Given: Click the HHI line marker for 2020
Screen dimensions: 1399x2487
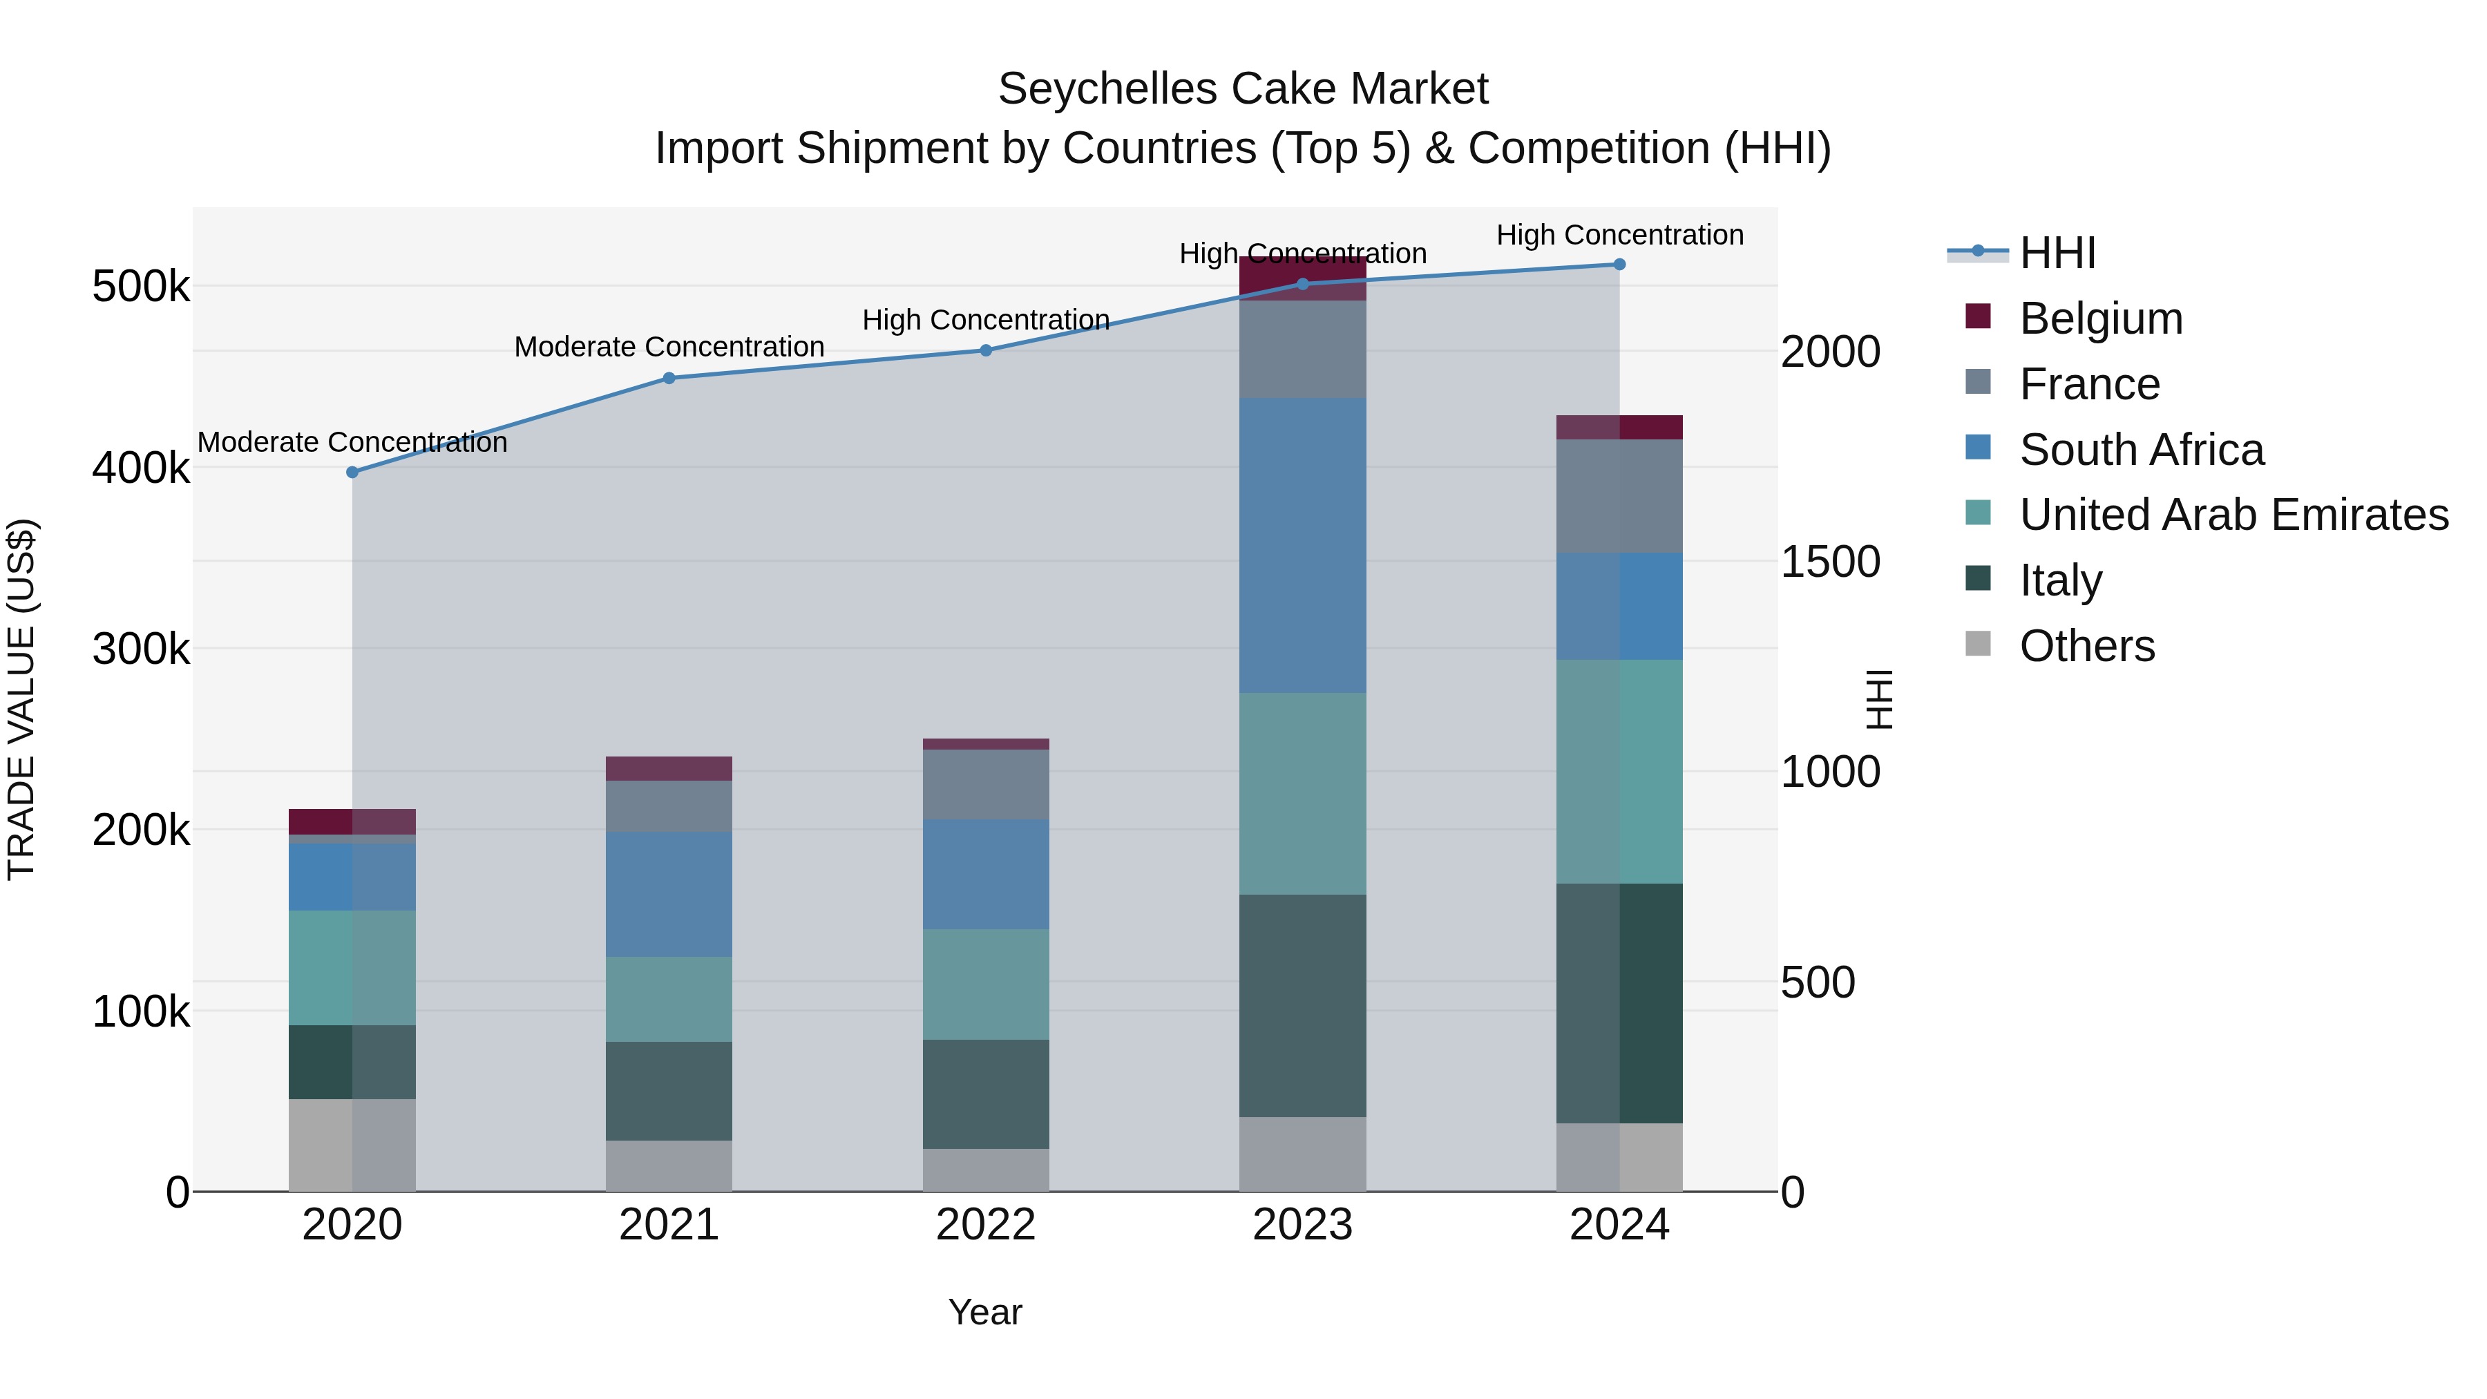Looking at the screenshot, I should click(x=352, y=472).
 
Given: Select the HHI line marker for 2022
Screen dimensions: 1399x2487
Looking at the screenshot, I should click(x=986, y=350).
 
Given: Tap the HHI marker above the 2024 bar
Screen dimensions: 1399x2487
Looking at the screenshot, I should click(x=1619, y=265).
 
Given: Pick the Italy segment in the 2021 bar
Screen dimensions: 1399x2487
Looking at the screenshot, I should click(x=668, y=1090).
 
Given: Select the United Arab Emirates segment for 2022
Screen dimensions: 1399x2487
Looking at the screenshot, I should click(x=986, y=984).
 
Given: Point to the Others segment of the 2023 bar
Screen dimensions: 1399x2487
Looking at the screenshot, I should click(x=1302, y=1154).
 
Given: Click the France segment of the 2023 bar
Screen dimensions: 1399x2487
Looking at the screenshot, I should click(x=1302, y=349).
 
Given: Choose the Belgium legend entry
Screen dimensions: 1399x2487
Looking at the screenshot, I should click(x=2100, y=318).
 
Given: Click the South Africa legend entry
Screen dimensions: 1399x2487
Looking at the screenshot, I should click(x=2140, y=450).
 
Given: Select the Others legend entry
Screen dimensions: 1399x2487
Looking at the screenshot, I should click(x=2086, y=646).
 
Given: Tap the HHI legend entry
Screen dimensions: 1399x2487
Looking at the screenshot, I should click(x=2057, y=253).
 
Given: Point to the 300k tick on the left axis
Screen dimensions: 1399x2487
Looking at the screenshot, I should click(x=141, y=649).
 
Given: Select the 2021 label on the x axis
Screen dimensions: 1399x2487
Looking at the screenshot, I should click(x=668, y=1225).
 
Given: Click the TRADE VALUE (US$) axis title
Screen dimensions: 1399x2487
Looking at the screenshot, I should click(x=21, y=699).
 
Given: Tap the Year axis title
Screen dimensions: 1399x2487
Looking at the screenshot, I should click(x=984, y=1312).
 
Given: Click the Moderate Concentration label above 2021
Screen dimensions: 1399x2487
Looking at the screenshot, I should click(x=669, y=347).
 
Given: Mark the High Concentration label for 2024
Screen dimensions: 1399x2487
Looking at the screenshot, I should click(x=1619, y=235).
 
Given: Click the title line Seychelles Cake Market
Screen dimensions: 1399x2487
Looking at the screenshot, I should click(x=1243, y=89).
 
